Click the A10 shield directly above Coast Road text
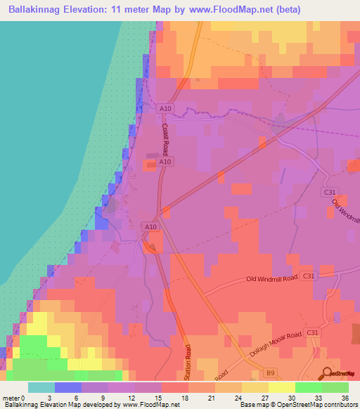click(165, 108)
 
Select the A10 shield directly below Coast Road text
click(165, 162)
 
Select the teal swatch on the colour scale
click(41, 387)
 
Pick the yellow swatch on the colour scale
click(281, 387)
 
